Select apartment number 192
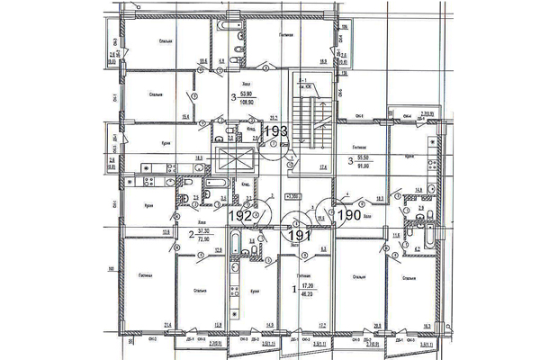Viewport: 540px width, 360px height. click(x=238, y=216)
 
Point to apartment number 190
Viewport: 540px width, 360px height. click(x=346, y=215)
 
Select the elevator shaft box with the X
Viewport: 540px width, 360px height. click(x=230, y=164)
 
